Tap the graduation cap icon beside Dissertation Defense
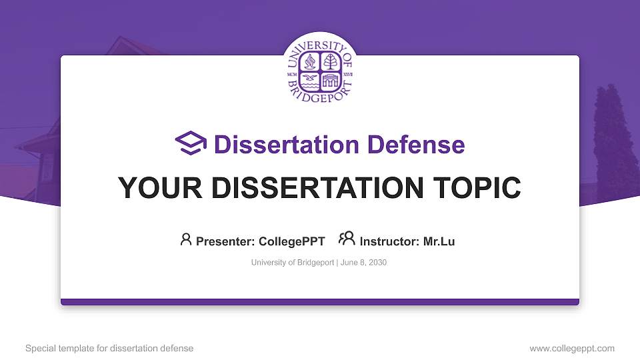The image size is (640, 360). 191,144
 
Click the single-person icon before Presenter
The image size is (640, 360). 186,239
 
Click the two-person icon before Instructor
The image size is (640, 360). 347,239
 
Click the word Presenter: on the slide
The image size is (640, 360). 222,241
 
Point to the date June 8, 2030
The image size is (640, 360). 363,263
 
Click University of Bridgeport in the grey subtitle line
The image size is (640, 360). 292,263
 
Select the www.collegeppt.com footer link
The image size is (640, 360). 572,348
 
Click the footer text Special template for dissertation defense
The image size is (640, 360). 109,348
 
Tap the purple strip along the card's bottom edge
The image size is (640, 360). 320,302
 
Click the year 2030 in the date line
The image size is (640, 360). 377,263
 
